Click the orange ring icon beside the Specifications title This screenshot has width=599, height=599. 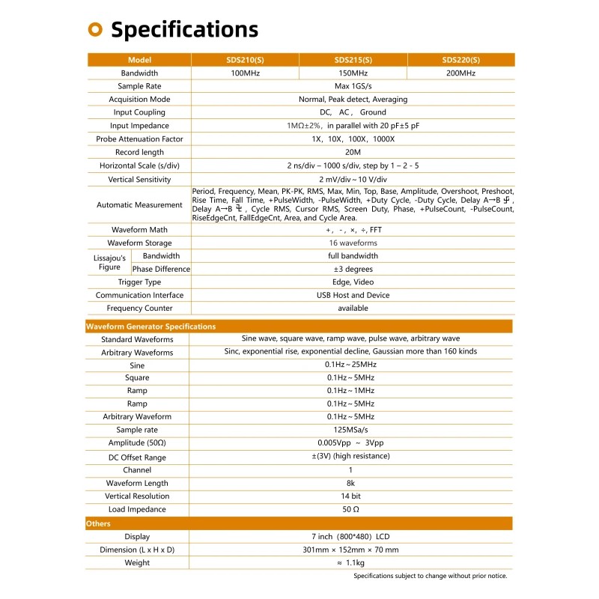95,29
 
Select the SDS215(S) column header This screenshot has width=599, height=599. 353,60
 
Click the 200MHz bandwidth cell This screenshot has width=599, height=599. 460,73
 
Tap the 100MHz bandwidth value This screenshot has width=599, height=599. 245,73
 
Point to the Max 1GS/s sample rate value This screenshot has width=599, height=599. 353,87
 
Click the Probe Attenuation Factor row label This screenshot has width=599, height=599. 139,139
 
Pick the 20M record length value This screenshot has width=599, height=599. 353,152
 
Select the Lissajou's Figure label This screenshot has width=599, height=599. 109,262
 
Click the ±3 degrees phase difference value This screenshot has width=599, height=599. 353,269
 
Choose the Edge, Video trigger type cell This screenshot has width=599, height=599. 353,282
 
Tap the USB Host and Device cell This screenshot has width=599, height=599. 353,295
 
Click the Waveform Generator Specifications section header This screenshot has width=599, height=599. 150,326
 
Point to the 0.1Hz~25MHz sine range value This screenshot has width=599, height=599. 351,365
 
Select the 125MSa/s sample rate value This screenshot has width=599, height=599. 351,430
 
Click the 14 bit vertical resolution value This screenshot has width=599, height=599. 351,496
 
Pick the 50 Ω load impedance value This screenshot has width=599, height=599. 351,509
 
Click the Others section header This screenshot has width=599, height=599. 98,523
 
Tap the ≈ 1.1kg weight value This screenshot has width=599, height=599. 351,562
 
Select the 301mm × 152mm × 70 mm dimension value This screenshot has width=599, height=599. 351,550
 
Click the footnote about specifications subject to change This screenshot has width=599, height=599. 430,576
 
